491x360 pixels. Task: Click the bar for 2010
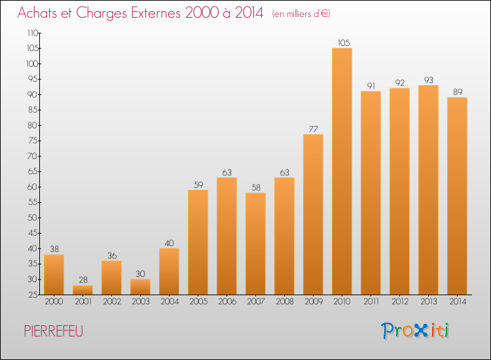(x=342, y=171)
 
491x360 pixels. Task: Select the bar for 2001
(x=82, y=290)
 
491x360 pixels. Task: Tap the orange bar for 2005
(x=198, y=242)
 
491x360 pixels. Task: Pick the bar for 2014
(x=457, y=196)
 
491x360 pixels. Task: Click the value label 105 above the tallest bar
(x=344, y=43)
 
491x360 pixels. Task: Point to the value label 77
(x=313, y=129)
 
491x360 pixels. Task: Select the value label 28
(x=83, y=279)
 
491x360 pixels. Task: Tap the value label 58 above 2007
(x=256, y=187)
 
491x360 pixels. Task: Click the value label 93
(x=428, y=80)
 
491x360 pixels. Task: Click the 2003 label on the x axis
(x=141, y=301)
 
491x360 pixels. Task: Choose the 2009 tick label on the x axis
(x=314, y=301)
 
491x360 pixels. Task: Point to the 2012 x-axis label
(x=400, y=301)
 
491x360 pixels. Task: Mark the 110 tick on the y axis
(x=33, y=33)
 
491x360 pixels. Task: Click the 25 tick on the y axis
(x=33, y=295)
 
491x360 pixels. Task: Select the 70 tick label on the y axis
(x=33, y=156)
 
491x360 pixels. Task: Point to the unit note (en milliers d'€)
(x=301, y=14)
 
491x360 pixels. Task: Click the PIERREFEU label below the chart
(x=54, y=331)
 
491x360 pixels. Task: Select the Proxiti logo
(x=415, y=331)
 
